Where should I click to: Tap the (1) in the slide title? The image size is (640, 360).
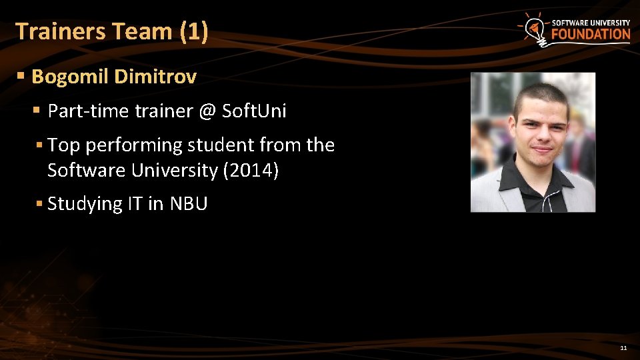(x=194, y=31)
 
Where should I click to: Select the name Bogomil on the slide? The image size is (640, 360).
(x=70, y=77)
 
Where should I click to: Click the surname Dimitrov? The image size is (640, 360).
(x=155, y=77)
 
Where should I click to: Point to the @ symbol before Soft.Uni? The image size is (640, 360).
(x=207, y=111)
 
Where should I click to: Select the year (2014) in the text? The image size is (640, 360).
(x=251, y=171)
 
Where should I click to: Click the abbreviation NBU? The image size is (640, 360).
(x=189, y=203)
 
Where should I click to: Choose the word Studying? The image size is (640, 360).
(x=85, y=203)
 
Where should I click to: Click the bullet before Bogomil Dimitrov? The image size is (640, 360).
(x=21, y=77)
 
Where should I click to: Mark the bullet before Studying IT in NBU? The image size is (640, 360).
(x=39, y=203)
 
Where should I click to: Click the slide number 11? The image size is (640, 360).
(x=623, y=348)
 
